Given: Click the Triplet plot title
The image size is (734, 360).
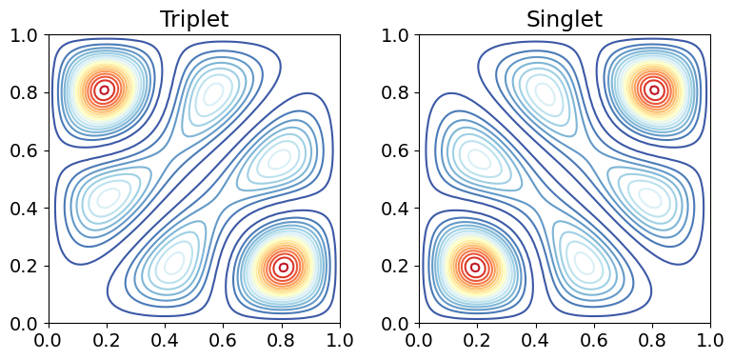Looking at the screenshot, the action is pyautogui.click(x=194, y=19).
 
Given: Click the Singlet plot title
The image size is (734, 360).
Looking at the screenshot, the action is pyautogui.click(x=565, y=19).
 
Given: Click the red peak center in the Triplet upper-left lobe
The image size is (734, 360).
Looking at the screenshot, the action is pyautogui.click(x=105, y=90).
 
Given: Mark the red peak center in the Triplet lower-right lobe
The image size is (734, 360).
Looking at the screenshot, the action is pyautogui.click(x=283, y=268).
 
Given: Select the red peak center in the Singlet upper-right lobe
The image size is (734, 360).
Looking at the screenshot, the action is pyautogui.click(x=654, y=90).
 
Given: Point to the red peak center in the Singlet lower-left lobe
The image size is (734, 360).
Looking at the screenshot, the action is pyautogui.click(x=475, y=268).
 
